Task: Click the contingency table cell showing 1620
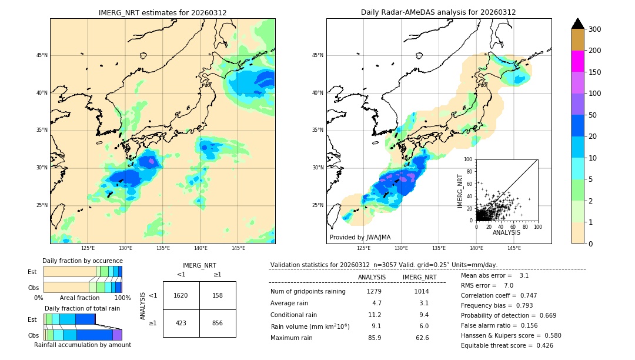[x=181, y=295]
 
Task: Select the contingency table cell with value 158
[x=218, y=295]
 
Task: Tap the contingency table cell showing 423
[x=181, y=322]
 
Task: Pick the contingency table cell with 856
[x=218, y=322]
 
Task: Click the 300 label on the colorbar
[x=595, y=29]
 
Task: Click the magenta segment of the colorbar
[x=578, y=61]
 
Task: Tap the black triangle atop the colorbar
[x=578, y=24]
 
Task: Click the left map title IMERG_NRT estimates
[x=162, y=12]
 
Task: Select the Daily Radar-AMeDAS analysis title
[x=438, y=12]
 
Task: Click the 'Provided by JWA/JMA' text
[x=360, y=238]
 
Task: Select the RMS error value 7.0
[x=509, y=285]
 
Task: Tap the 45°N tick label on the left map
[x=42, y=55]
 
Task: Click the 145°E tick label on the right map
[x=514, y=248]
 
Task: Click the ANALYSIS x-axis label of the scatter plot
[x=506, y=232]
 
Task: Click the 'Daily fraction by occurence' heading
[x=82, y=261]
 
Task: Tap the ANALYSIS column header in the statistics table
[x=372, y=277]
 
